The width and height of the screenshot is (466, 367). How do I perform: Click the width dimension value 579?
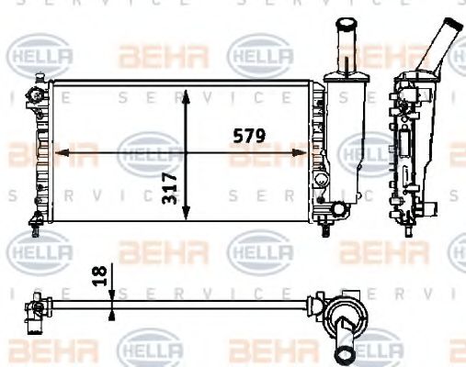pyautogui.click(x=248, y=136)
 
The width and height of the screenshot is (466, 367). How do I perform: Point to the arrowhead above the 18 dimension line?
pyautogui.click(x=111, y=290)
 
